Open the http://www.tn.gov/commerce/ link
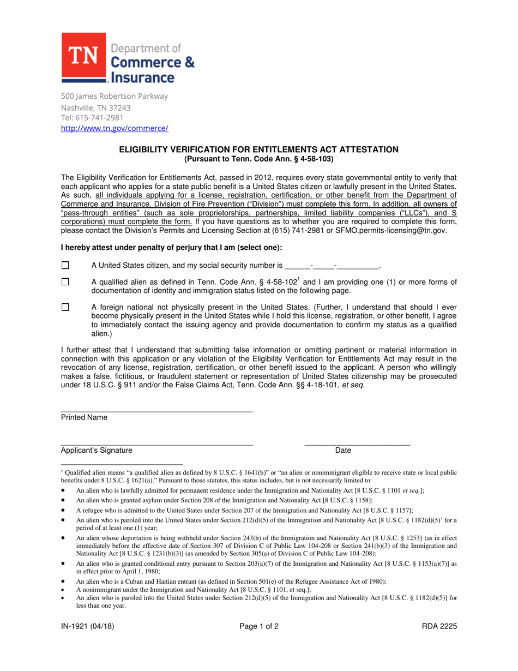(x=115, y=128)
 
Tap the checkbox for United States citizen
(x=65, y=266)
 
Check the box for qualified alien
(x=65, y=282)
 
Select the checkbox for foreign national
(x=65, y=307)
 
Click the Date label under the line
(x=344, y=450)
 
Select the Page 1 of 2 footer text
(x=259, y=626)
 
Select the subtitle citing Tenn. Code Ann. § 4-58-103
(x=259, y=159)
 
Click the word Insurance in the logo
(x=143, y=77)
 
